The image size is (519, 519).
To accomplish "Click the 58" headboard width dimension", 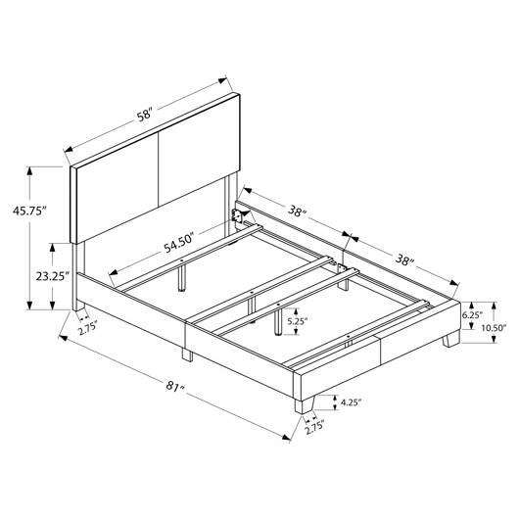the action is tap(145, 116).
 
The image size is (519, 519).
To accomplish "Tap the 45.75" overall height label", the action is tap(29, 211).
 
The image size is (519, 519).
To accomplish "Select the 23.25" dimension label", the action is tap(53, 276).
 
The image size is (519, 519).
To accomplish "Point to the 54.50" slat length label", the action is tap(178, 242).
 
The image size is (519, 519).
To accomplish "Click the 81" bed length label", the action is tap(175, 386).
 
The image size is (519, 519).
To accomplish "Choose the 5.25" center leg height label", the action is tap(298, 321).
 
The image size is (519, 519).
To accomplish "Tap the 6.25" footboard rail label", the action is tap(472, 314).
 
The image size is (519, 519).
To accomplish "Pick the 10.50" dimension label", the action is tap(494, 328).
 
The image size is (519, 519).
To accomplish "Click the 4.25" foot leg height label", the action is tap(351, 402).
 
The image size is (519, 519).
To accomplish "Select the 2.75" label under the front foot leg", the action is tap(314, 430).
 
